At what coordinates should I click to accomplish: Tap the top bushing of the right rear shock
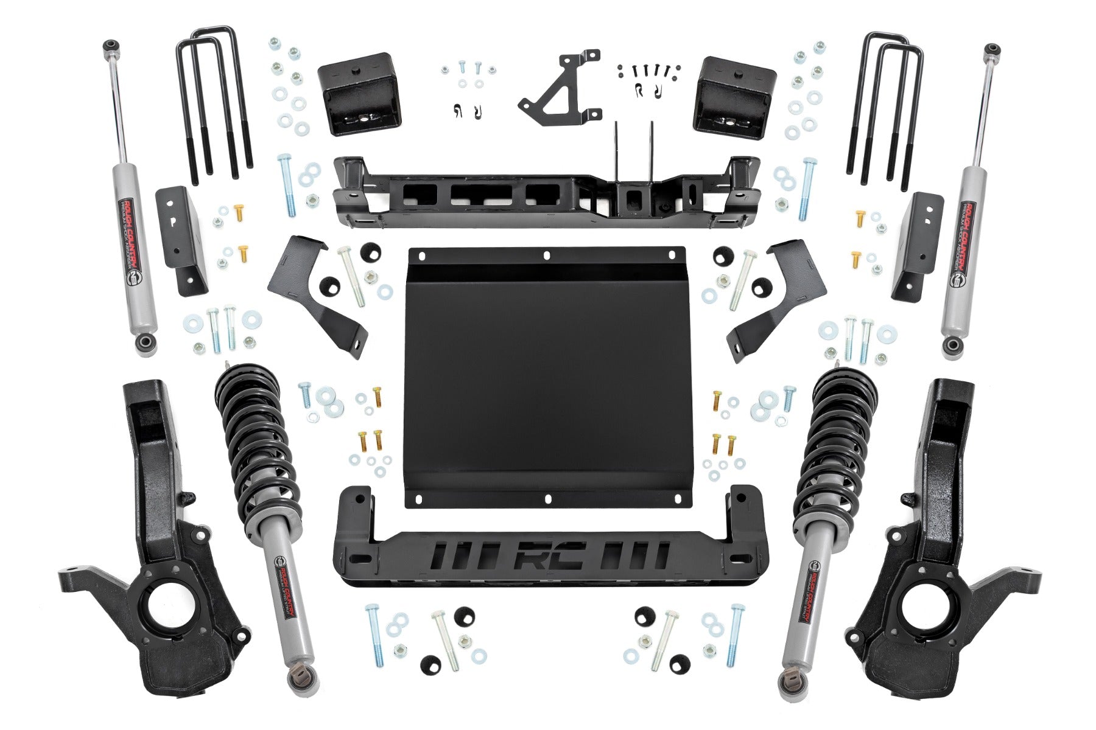coord(993,49)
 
